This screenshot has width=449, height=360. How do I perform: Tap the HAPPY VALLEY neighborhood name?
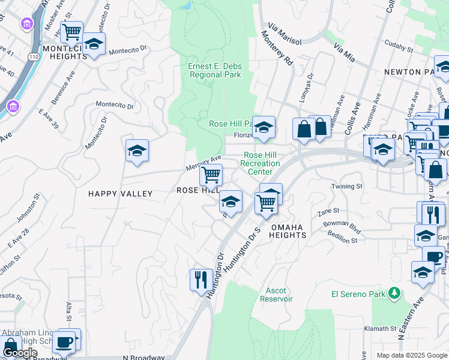(120, 194)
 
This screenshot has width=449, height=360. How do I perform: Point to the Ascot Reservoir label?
(276, 295)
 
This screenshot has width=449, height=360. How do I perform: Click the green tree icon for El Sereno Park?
(394, 293)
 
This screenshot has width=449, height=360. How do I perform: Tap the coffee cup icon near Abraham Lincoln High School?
(64, 342)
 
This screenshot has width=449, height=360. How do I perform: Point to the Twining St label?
(348, 187)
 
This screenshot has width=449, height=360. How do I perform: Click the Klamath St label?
(381, 329)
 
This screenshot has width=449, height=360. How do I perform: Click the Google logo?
(20, 353)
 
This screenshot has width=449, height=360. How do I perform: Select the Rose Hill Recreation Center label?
(261, 163)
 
